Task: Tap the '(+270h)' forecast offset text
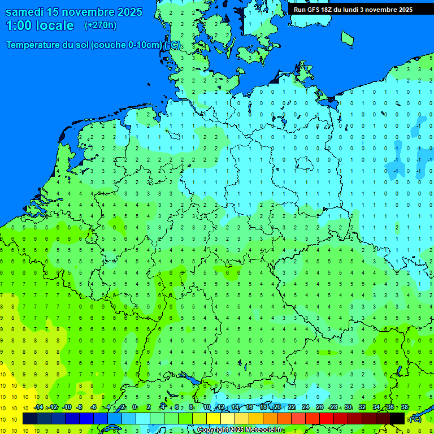click(x=100, y=25)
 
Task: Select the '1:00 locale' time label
click(x=40, y=25)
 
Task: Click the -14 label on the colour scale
click(x=38, y=407)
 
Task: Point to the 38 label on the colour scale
click(x=404, y=407)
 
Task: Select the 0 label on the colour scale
click(x=135, y=407)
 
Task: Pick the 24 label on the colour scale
click(x=306, y=407)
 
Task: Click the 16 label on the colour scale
click(x=249, y=407)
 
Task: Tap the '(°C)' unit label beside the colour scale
click(x=415, y=419)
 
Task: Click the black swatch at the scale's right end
click(x=397, y=419)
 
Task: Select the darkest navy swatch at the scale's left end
click(x=30, y=419)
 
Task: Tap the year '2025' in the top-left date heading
click(x=129, y=12)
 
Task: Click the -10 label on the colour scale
click(x=66, y=407)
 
